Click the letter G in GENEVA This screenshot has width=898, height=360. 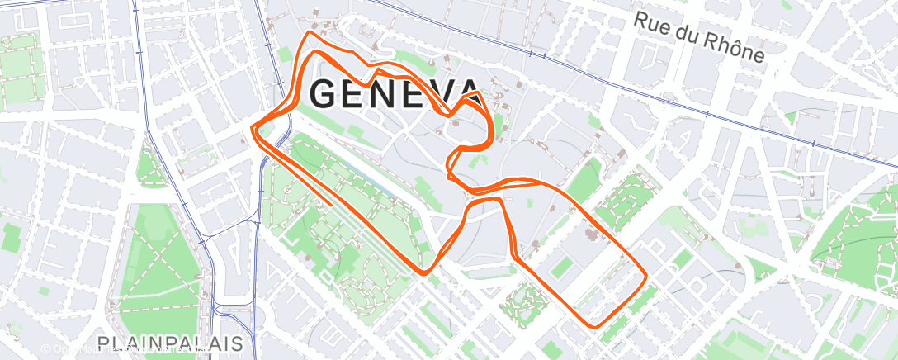coord(326,95)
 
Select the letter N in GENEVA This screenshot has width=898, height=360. coord(389,95)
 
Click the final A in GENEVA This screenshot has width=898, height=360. coord(468,95)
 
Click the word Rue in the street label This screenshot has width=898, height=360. coord(651,22)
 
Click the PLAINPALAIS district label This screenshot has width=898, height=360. coord(169,343)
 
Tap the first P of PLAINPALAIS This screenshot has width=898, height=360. coord(103,343)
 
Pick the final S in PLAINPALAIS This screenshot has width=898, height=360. coord(236,343)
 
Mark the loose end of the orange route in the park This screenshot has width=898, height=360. coord(332,203)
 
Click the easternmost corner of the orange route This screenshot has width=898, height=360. coord(645,273)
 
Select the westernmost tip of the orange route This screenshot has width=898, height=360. coord(253,128)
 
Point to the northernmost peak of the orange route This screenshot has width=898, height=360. coord(310,33)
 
